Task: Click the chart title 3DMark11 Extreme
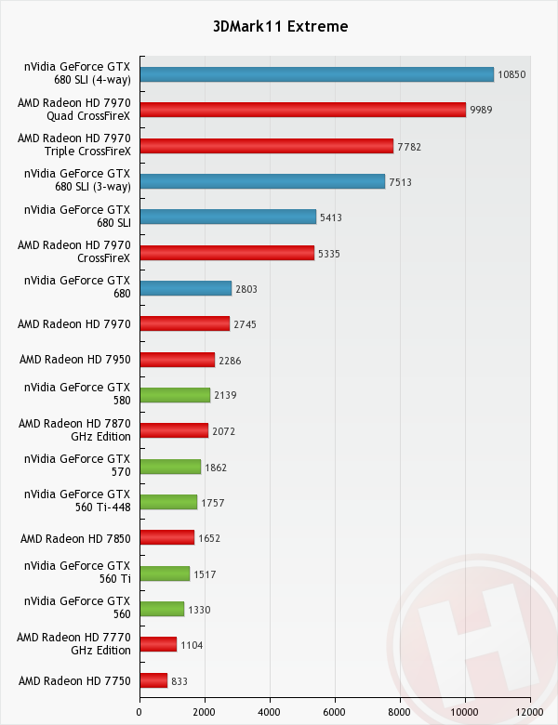[279, 26]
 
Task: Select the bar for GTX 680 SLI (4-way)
[316, 74]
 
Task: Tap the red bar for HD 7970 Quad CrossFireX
[302, 110]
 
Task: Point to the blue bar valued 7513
[261, 181]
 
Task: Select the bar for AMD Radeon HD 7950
[177, 360]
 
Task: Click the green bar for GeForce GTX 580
[174, 395]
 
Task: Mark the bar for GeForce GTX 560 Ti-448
[168, 503]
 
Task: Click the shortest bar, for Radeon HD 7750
[153, 681]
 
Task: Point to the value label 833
[179, 681]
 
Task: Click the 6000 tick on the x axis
[335, 712]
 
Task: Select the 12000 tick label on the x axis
[529, 712]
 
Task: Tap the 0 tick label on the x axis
[139, 712]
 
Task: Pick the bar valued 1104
[158, 645]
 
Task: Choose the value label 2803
[246, 289]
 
